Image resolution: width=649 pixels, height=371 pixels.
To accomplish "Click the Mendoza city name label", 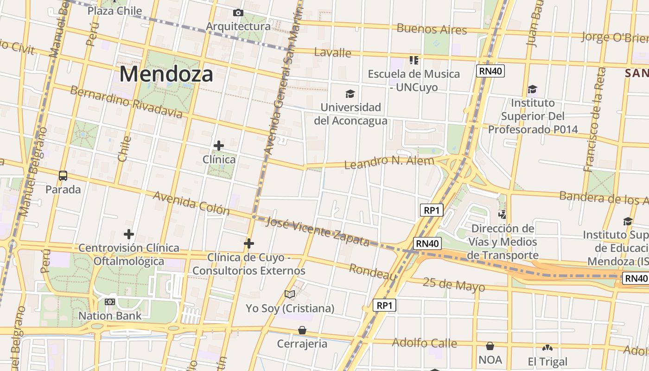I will coord(166,74).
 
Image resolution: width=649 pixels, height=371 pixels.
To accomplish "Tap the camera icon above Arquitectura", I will coord(238,13).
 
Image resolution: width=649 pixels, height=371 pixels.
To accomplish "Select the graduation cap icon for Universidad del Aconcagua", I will coord(350,94).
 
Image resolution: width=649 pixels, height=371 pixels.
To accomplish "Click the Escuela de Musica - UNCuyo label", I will coord(414,80).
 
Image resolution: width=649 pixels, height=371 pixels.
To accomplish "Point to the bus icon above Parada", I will coord(63,176).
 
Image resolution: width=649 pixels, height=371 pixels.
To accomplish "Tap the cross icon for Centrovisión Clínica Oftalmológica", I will coord(129,234).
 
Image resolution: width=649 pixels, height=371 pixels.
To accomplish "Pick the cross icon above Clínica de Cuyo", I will coord(249,243).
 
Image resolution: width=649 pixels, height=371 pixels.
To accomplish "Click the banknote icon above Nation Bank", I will coord(110,302).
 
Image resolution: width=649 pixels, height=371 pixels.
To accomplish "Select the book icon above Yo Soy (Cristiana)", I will coord(290,294).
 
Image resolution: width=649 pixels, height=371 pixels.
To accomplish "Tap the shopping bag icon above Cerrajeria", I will coord(302,330).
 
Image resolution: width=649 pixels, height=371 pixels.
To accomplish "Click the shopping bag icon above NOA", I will coord(490,346).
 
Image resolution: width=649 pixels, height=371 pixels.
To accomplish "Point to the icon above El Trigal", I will coord(547,347).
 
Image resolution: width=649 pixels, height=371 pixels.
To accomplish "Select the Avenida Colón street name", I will coord(191,203).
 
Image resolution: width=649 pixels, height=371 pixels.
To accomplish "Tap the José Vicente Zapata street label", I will coord(318,231).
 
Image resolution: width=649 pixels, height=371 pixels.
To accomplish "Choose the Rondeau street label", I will coord(373,272).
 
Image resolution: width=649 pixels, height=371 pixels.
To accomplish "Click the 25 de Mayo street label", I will coord(454,284).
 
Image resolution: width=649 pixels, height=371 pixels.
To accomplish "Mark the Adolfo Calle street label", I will coord(424,343).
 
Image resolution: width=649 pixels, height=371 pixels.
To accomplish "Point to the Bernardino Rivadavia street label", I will coord(126,101).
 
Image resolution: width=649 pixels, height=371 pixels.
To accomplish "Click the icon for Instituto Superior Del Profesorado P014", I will coord(532,89).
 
